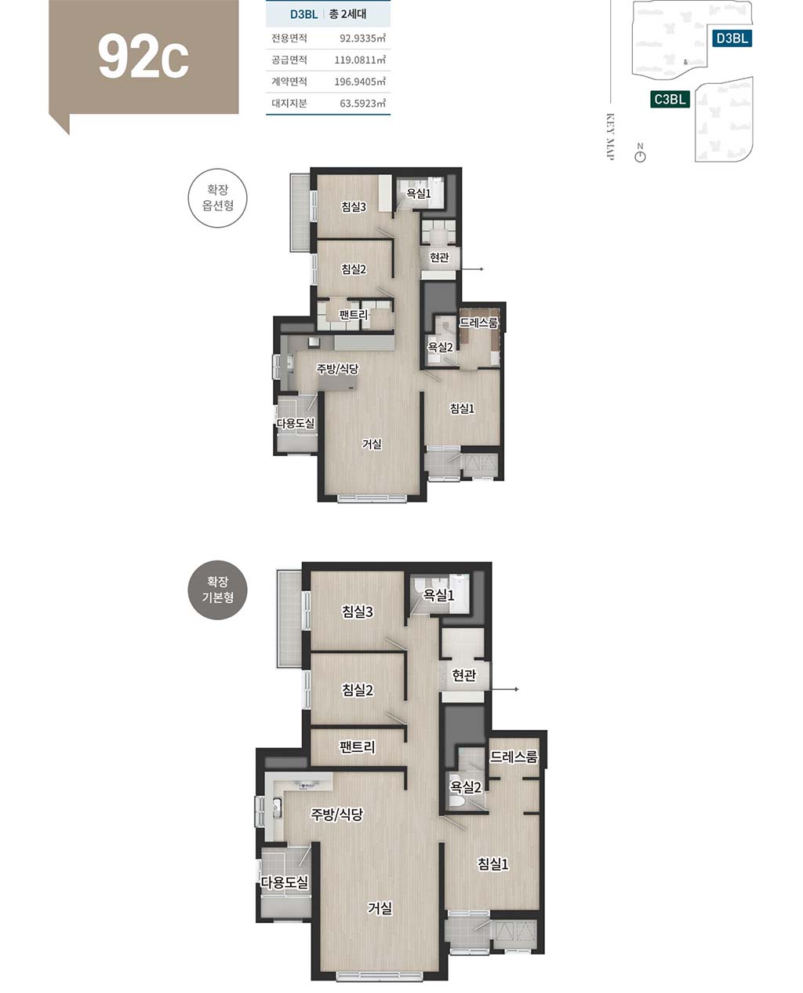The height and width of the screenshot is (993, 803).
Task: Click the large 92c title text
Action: [x=144, y=57]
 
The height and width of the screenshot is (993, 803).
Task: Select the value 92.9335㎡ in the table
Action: [x=362, y=38]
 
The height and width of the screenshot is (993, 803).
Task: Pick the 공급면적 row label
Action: [x=289, y=60]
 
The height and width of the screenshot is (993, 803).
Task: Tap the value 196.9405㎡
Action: [x=360, y=82]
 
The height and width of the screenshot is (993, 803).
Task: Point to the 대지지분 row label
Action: [x=289, y=103]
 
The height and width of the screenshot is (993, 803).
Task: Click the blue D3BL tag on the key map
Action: [x=732, y=38]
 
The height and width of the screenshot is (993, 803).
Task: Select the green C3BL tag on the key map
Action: [x=670, y=99]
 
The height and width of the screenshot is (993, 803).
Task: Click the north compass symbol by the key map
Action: [x=641, y=153]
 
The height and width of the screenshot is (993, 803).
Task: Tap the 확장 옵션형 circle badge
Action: [x=217, y=198]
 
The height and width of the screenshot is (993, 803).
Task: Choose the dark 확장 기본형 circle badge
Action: [x=217, y=590]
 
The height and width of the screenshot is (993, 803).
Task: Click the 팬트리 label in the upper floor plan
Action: [x=354, y=315]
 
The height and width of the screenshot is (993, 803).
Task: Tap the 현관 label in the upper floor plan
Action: [x=439, y=257]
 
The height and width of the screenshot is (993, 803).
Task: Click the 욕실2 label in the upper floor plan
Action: [x=440, y=347]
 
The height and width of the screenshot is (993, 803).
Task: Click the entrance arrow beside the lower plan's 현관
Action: [x=504, y=689]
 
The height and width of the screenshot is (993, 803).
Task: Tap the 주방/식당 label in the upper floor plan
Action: [x=338, y=369]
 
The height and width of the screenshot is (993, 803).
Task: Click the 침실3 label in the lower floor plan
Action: [x=358, y=611]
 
